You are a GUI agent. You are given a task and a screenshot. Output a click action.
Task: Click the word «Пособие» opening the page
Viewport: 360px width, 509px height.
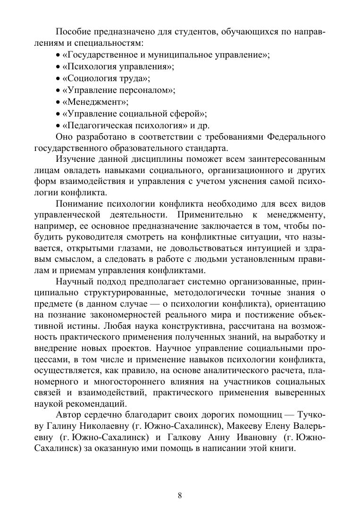click(x=74, y=32)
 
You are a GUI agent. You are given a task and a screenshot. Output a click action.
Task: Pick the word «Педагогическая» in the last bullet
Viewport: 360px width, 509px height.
click(x=98, y=125)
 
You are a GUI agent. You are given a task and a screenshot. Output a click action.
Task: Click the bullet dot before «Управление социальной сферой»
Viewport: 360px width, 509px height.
click(x=58, y=114)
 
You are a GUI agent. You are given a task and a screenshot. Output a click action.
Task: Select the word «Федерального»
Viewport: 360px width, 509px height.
click(x=296, y=137)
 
